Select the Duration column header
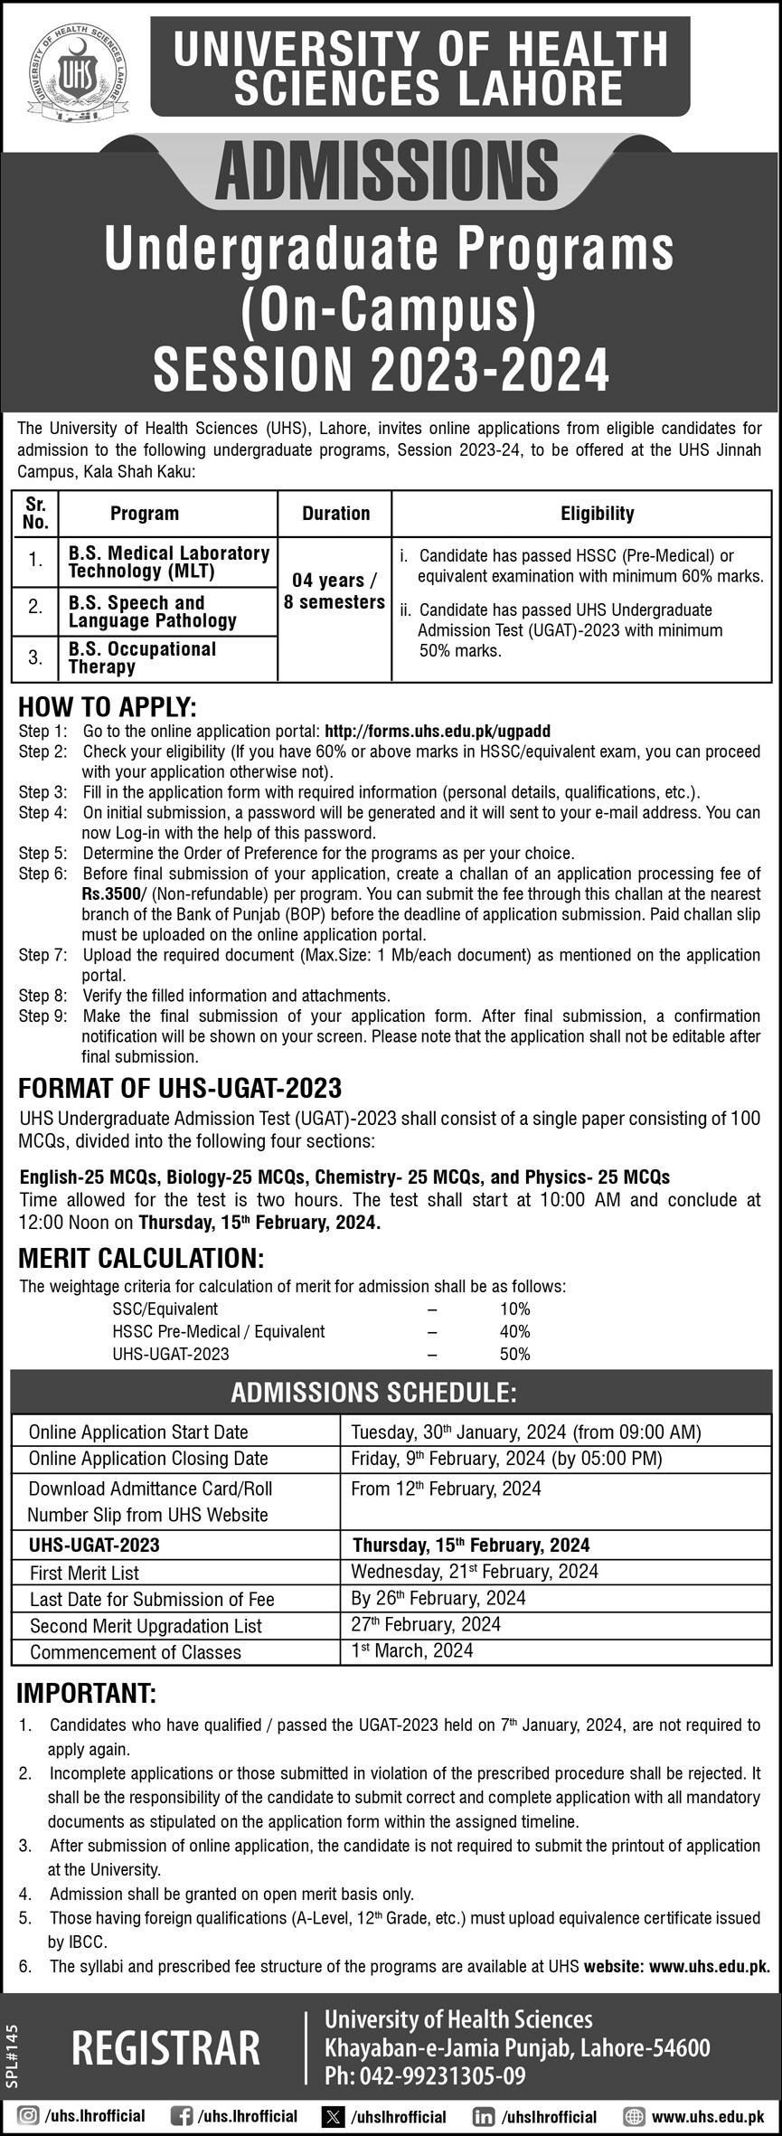[x=335, y=514]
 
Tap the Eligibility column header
[x=597, y=514]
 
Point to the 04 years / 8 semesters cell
[x=334, y=591]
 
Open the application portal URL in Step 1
[x=437, y=731]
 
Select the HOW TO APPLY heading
[x=107, y=706]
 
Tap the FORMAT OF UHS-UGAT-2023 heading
[x=180, y=1087]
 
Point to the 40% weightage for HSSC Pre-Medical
[x=514, y=1331]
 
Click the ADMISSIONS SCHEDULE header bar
[x=391, y=1392]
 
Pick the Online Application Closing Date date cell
[x=506, y=1458]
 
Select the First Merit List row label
[x=84, y=1573]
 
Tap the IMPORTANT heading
[x=87, y=1692]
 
